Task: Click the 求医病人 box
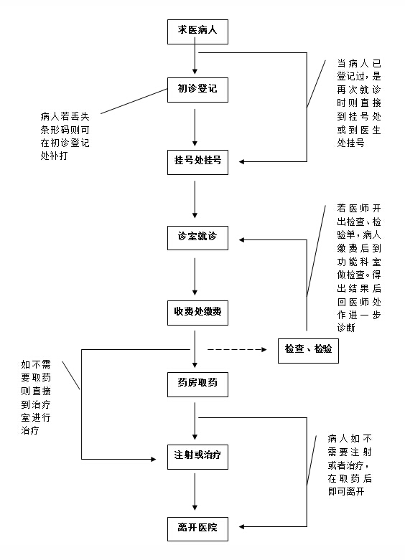(x=197, y=32)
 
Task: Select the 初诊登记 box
(x=197, y=90)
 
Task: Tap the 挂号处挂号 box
(x=197, y=162)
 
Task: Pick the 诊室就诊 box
(x=197, y=237)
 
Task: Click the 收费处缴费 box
(x=197, y=313)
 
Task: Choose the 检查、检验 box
(x=308, y=351)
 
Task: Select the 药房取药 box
(x=197, y=384)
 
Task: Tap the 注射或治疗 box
(x=197, y=457)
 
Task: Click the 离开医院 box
(x=197, y=528)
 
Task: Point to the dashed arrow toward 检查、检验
(x=237, y=349)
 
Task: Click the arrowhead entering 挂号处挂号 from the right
(x=242, y=161)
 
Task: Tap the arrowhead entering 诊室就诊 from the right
(x=242, y=239)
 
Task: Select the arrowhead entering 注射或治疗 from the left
(x=154, y=459)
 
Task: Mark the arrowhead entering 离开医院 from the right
(x=242, y=526)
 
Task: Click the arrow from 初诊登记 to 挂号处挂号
(x=195, y=128)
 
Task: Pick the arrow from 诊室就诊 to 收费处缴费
(x=195, y=277)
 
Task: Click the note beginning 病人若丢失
(x=65, y=136)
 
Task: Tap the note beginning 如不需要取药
(x=36, y=397)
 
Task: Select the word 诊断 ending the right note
(x=346, y=328)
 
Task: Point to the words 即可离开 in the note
(x=346, y=491)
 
